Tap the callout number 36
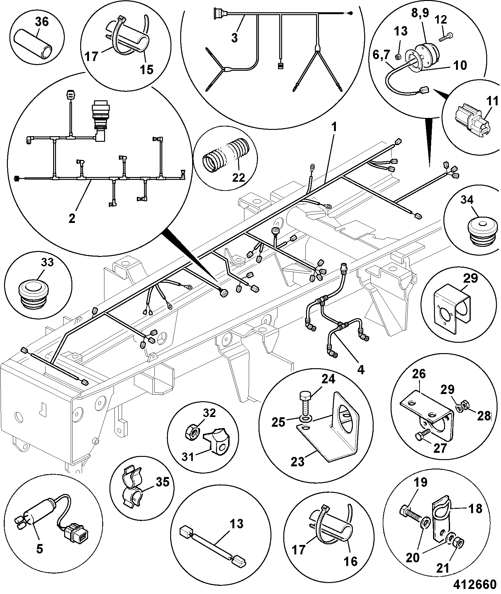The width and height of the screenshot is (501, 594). [42, 22]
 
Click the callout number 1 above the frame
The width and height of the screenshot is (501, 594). [334, 127]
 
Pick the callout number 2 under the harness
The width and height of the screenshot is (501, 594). [72, 218]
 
